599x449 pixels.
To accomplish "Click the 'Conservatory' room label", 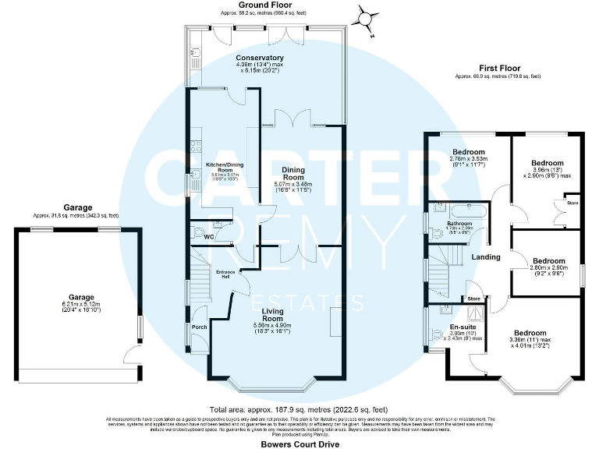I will click(260, 58).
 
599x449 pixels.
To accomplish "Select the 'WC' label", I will click(208, 237).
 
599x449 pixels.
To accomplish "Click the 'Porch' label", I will click(199, 327).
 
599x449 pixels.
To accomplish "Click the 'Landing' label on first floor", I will click(485, 257).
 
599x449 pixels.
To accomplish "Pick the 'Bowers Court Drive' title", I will click(299, 441).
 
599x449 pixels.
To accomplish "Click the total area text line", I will click(299, 409).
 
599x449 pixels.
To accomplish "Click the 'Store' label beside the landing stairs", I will click(473, 299).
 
